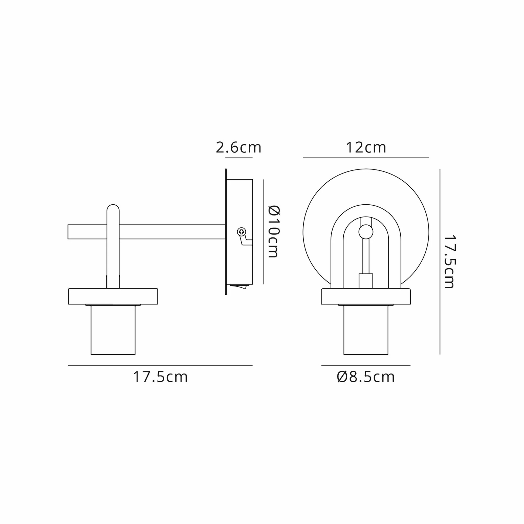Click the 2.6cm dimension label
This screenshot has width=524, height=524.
238,147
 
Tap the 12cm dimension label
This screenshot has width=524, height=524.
366,147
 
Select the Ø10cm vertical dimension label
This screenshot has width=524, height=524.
274,231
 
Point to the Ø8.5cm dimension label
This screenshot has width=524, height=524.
366,377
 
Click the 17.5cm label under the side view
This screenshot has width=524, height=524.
160,377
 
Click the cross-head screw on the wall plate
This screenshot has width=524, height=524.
241,232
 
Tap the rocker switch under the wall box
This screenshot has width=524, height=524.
240,287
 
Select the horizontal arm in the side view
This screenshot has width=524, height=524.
146,232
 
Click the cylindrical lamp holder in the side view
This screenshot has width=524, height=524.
113,330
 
